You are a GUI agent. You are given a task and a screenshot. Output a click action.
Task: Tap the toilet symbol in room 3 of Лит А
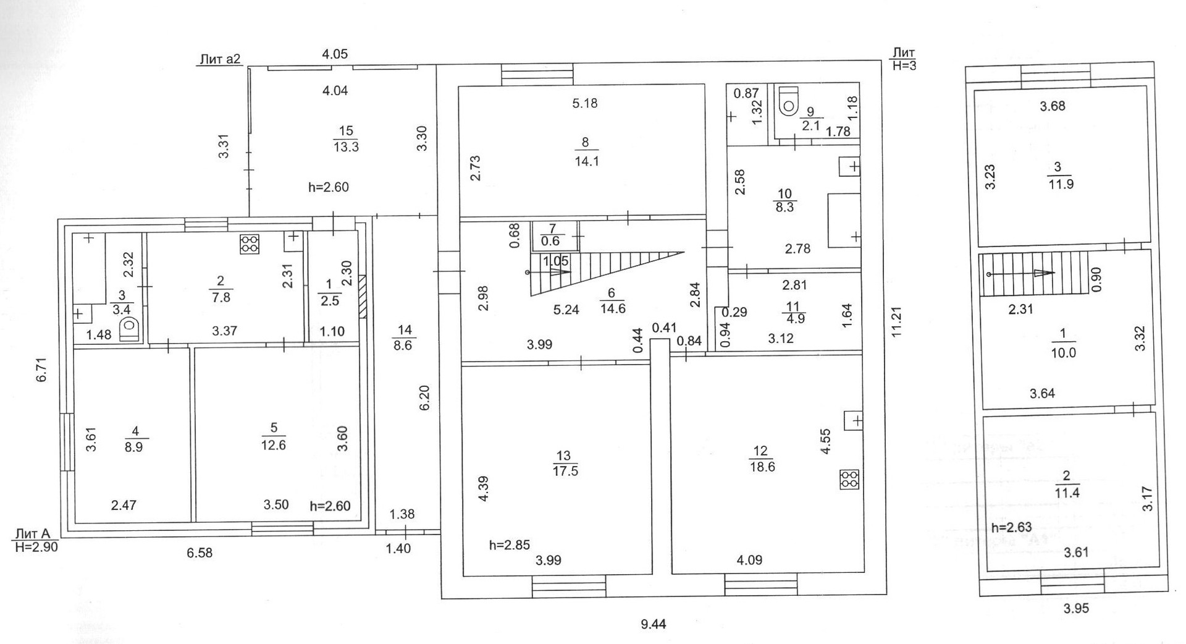tap(130, 328)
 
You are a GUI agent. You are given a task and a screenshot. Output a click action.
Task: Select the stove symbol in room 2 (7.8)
tap(250, 244)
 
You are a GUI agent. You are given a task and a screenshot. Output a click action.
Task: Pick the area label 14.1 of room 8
tap(586, 162)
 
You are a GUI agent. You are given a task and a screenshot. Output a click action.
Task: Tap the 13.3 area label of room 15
tap(345, 146)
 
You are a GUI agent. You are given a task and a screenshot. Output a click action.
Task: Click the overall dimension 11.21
tap(897, 323)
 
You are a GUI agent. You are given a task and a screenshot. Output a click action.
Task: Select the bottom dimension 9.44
tap(654, 625)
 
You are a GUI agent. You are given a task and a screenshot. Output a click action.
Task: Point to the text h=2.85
tap(510, 545)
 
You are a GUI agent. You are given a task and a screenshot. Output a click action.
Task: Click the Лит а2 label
tap(219, 59)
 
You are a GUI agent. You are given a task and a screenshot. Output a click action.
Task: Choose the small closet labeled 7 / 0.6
tap(549, 235)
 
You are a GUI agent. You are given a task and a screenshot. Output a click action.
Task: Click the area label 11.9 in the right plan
tap(1061, 184)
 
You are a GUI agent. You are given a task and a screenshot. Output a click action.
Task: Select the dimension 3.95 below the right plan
tap(1076, 608)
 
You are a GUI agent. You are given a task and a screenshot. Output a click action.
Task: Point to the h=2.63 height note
tap(1011, 528)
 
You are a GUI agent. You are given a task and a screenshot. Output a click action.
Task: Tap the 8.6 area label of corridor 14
tap(403, 345)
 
